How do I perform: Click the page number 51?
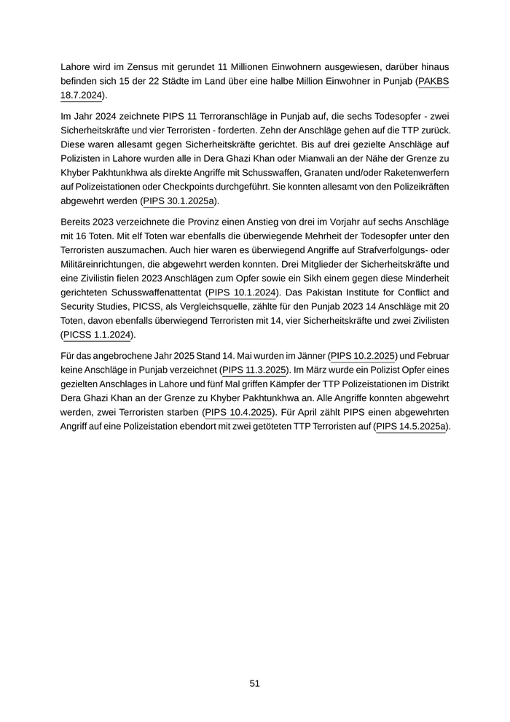click(255, 683)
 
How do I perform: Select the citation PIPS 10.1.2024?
click(241, 292)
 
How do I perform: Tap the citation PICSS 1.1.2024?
click(96, 335)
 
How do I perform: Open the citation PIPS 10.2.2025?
click(363, 356)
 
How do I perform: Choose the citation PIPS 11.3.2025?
click(254, 370)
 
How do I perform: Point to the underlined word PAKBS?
click(434, 81)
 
